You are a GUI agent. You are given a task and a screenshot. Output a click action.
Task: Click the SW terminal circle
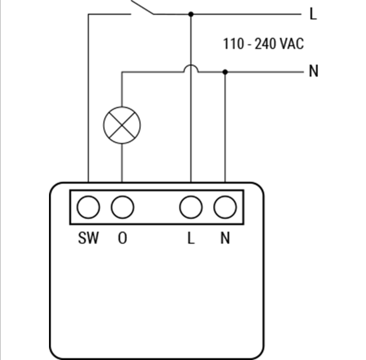point(88,207)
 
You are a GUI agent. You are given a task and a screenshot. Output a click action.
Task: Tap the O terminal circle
point(122,207)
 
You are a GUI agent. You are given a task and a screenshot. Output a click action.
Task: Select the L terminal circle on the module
point(191,207)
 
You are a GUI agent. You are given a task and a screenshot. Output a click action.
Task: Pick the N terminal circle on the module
point(225,207)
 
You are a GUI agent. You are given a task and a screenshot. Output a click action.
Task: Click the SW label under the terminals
point(88,238)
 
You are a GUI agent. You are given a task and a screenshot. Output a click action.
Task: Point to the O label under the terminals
point(122,238)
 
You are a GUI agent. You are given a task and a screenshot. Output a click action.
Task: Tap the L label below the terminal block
point(191,238)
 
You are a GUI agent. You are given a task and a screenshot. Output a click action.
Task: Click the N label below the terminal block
point(225,238)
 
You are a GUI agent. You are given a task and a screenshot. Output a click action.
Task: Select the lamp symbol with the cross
point(122,125)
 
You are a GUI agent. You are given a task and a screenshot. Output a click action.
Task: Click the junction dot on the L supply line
point(191,14)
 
